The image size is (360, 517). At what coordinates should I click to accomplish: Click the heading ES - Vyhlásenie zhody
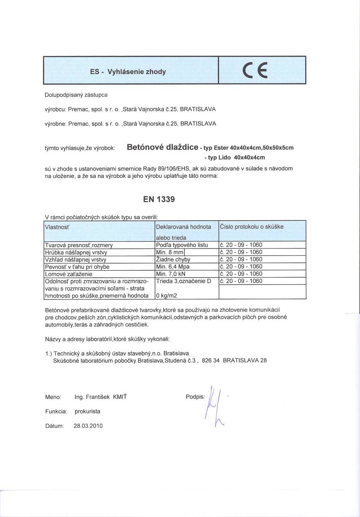128,72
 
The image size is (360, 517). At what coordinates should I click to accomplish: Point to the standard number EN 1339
159,199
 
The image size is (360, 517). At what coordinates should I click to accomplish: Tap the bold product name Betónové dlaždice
162,148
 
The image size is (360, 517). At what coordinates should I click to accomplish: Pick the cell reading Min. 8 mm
170,252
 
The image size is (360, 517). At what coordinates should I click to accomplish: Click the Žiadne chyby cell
173,260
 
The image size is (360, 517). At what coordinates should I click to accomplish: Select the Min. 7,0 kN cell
171,274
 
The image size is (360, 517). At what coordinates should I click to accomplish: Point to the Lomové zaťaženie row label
69,274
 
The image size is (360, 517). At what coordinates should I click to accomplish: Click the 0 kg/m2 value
167,296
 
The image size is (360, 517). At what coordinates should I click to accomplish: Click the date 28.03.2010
88,426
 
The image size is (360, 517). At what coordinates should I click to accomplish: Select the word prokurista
87,412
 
